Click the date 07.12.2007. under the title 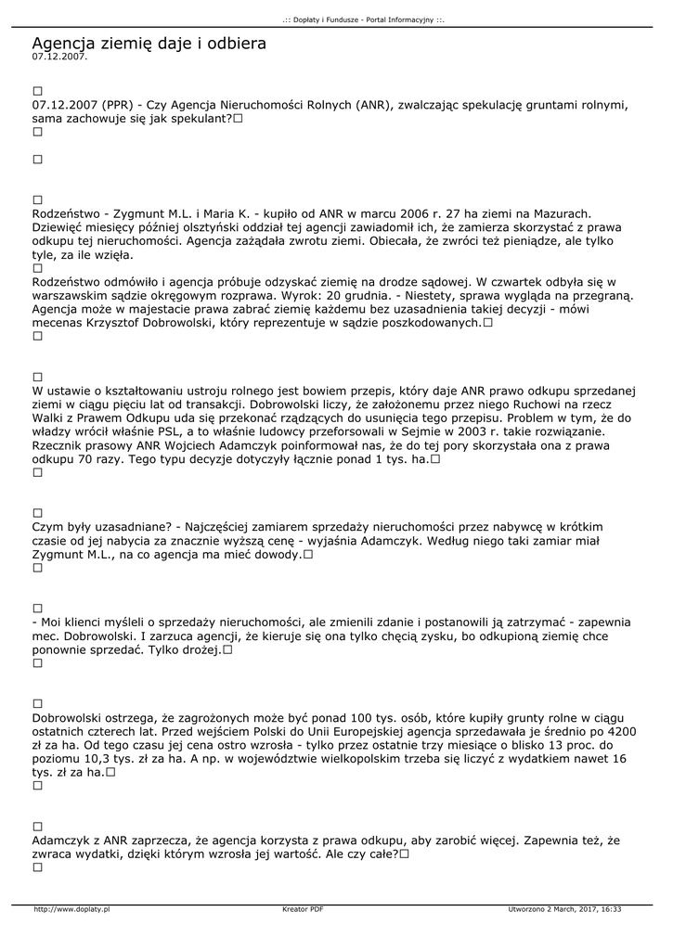[58, 57]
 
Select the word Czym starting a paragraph [48, 527]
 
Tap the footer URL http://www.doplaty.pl [71, 909]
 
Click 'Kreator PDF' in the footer [303, 909]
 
